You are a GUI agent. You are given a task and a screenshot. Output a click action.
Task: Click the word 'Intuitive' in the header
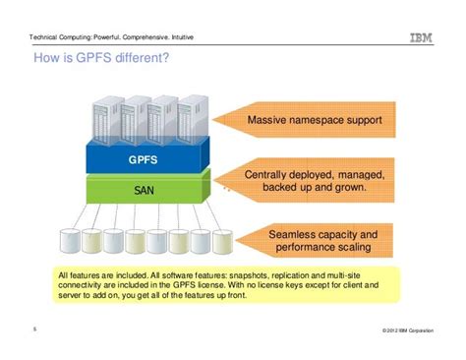(202, 38)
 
